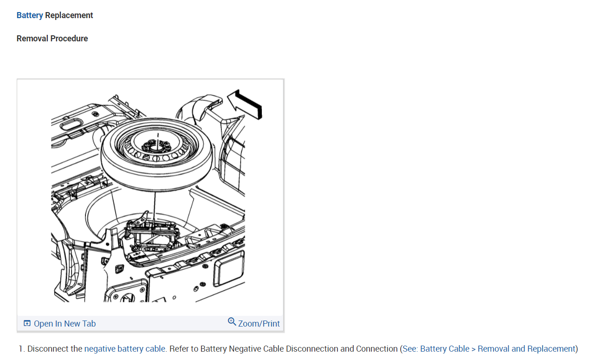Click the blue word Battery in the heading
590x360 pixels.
click(30, 15)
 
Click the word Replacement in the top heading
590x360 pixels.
click(69, 15)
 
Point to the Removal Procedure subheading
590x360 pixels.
click(52, 39)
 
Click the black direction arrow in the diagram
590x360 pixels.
click(245, 104)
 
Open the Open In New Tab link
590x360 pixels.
click(65, 324)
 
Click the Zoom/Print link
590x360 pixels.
click(259, 323)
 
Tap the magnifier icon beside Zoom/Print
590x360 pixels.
click(232, 322)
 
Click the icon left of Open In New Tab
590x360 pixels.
click(27, 323)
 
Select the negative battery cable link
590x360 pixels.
click(124, 349)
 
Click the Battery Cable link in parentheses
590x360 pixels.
click(444, 349)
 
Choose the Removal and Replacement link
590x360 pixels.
click(526, 349)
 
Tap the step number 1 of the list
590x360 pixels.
click(21, 349)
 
